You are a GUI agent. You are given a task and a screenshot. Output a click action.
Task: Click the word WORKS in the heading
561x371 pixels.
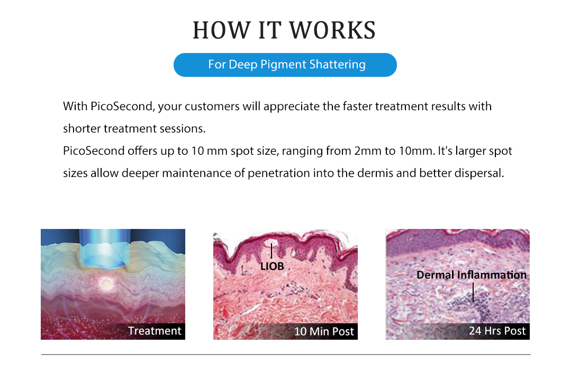pyautogui.click(x=332, y=30)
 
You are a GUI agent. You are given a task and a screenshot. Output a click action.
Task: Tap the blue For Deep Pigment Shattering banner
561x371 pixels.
pyautogui.click(x=285, y=65)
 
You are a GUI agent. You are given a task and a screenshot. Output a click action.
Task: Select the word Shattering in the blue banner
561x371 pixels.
pyautogui.click(x=337, y=65)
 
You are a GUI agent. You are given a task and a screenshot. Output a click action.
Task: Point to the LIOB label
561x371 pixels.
pyautogui.click(x=272, y=267)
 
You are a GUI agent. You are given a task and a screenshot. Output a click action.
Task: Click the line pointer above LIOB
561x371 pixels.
pyautogui.click(x=271, y=251)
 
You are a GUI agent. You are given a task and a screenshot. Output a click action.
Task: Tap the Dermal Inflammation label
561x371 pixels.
pyautogui.click(x=471, y=275)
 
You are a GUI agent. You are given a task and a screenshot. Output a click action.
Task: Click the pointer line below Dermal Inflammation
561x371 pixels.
pyautogui.click(x=473, y=293)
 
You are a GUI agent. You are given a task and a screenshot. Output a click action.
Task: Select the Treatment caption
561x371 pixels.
pyautogui.click(x=155, y=331)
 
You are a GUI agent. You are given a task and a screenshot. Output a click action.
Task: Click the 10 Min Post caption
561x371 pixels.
pyautogui.click(x=324, y=331)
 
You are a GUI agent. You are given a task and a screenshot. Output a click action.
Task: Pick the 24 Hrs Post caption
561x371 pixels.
pyautogui.click(x=497, y=331)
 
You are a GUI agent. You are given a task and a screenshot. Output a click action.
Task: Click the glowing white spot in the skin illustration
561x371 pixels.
pyautogui.click(x=106, y=284)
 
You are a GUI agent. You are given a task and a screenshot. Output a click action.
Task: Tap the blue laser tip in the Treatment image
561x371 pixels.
pyautogui.click(x=104, y=249)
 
